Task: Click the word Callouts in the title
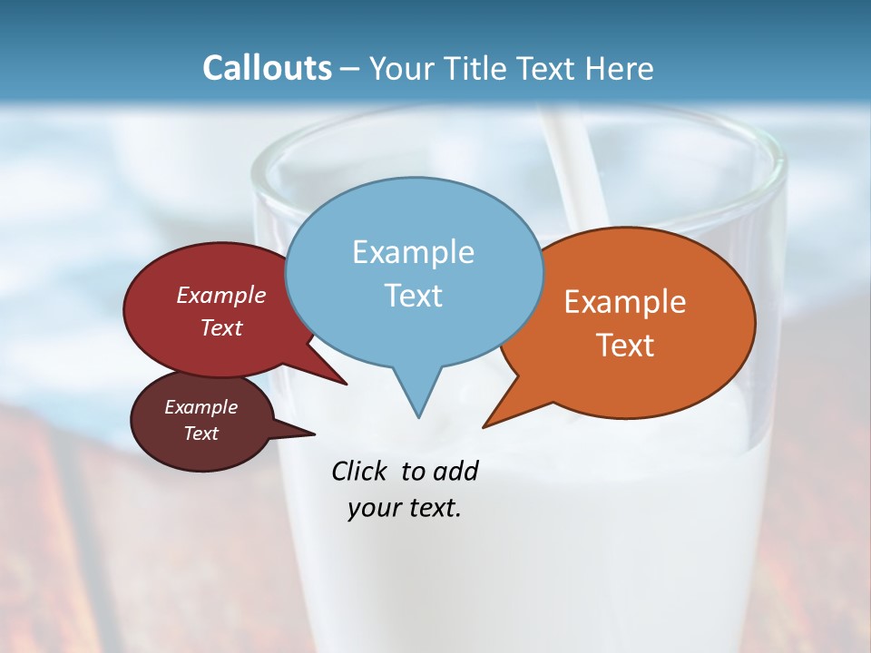pyautogui.click(x=267, y=68)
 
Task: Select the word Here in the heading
pyautogui.click(x=619, y=68)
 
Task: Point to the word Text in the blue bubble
pyautogui.click(x=413, y=296)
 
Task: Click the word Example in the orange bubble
pyautogui.click(x=625, y=302)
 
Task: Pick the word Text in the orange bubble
pyautogui.click(x=625, y=346)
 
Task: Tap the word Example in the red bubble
pyautogui.click(x=220, y=295)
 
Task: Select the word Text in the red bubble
pyautogui.click(x=220, y=327)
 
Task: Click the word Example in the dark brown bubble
pyautogui.click(x=201, y=407)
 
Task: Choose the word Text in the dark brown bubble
pyautogui.click(x=201, y=434)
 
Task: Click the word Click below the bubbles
pyautogui.click(x=361, y=471)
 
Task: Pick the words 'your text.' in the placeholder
pyautogui.click(x=405, y=508)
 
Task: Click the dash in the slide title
pyautogui.click(x=349, y=69)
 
